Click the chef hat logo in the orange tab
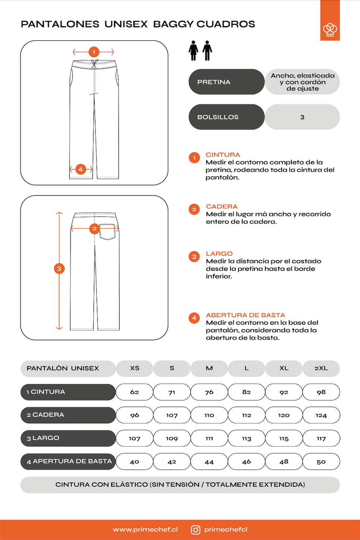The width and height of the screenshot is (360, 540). pos(330,29)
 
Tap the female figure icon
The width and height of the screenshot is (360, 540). pos(193,51)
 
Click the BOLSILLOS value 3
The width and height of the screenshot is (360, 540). pos(302,117)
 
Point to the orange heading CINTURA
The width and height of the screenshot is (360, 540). pos(222,155)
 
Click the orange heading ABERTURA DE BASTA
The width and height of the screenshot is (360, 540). pos(245,315)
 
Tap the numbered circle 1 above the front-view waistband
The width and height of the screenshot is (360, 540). pos(94,52)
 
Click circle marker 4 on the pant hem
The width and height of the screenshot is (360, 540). pos(80,169)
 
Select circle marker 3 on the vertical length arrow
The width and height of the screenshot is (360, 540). pos(59,269)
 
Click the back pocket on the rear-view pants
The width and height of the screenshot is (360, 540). pos(107,231)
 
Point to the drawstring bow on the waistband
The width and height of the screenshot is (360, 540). pos(94,63)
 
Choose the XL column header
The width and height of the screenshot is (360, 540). pos(284,368)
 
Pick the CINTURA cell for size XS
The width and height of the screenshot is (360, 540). pos(135,392)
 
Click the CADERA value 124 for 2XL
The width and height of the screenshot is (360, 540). pos(321,415)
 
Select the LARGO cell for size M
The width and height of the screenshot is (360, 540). pos(209,438)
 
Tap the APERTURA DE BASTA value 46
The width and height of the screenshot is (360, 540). pos(246,461)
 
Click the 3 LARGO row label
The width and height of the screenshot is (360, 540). pos(68,438)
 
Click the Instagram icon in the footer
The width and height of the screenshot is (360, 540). pos(196,530)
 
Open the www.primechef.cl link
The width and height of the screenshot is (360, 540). pos(145,530)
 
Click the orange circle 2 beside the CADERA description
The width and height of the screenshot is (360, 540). pos(194,209)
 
